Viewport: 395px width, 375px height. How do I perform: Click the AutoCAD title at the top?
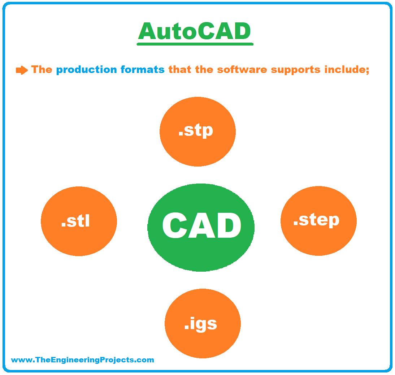click(195, 31)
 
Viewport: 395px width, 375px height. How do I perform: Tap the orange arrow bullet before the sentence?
click(22, 70)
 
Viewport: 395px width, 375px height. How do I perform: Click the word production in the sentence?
click(86, 70)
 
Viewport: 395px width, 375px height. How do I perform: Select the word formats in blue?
click(142, 69)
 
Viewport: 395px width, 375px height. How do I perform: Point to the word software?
click(242, 70)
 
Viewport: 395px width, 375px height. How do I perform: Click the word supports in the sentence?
click(295, 70)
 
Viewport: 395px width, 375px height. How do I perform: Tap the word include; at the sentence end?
click(347, 70)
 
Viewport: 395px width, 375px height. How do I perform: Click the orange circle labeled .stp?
click(197, 132)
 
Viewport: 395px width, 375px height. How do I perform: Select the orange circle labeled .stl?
click(79, 221)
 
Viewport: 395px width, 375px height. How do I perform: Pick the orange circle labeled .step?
click(318, 221)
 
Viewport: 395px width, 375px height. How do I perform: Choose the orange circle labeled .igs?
click(203, 323)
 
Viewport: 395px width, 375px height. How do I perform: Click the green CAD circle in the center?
click(201, 228)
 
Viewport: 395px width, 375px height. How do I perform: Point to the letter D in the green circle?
click(229, 225)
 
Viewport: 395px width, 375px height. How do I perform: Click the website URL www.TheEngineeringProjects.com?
click(82, 359)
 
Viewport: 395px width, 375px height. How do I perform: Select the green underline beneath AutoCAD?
click(195, 44)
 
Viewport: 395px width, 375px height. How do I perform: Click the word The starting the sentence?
click(42, 69)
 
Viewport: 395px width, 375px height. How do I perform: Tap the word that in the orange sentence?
click(179, 69)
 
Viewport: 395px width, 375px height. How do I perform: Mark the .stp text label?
click(196, 130)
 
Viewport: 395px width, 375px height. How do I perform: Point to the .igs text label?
click(200, 324)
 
